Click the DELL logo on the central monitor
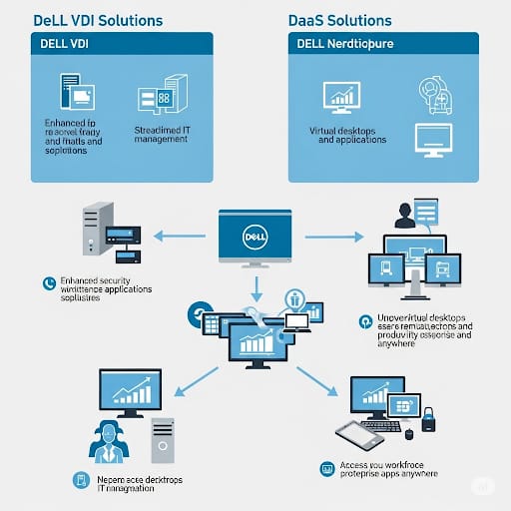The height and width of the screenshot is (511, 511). click(255, 238)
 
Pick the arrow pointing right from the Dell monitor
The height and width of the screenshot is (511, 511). click(333, 238)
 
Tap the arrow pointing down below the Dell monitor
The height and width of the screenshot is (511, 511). click(256, 289)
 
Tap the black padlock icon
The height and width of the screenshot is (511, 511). click(428, 420)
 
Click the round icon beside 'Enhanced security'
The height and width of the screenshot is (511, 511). click(47, 283)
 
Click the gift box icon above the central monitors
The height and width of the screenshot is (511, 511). click(294, 298)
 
